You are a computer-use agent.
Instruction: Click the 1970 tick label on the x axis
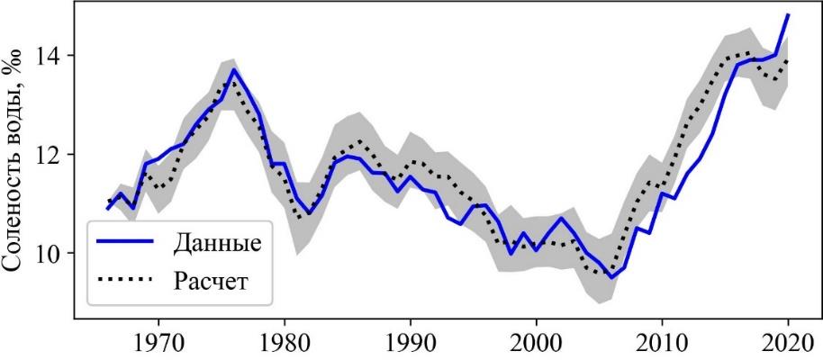point(158,345)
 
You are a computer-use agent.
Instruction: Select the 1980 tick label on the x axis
point(285,345)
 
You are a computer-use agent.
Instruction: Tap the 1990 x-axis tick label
point(411,345)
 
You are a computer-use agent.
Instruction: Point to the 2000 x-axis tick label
point(537,345)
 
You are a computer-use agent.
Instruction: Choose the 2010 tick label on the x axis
point(663,345)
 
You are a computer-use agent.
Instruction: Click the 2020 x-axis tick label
point(788,345)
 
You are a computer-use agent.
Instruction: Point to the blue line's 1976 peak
point(234,69)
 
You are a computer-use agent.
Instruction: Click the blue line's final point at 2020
point(788,14)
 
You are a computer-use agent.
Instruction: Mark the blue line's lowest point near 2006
point(612,277)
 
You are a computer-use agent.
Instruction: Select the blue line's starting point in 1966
point(108,209)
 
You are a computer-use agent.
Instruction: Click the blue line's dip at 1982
point(310,213)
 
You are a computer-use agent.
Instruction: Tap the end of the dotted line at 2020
point(788,61)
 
